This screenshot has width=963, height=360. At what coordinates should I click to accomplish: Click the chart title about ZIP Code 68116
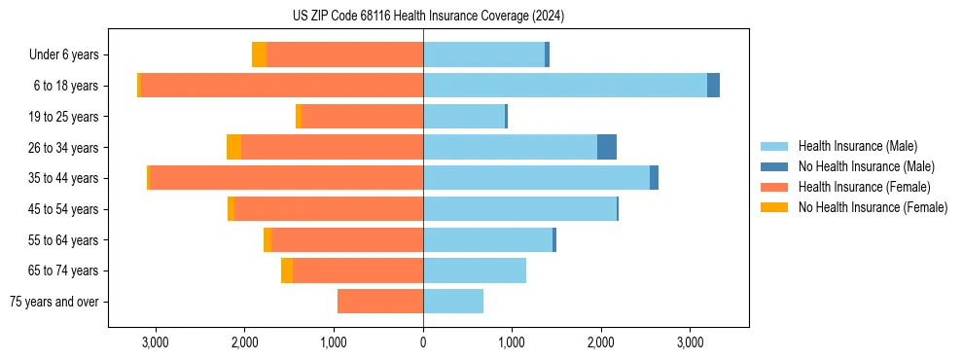pos(428,17)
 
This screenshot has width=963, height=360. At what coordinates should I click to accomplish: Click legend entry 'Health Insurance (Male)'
pos(856,146)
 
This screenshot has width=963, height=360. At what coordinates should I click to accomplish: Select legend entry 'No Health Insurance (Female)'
pos(873,207)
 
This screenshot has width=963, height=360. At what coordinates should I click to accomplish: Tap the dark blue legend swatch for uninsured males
pos(774,166)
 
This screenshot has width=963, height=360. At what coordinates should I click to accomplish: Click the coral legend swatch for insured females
pos(774,187)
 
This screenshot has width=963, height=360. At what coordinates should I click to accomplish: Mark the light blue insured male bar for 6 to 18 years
pos(564,86)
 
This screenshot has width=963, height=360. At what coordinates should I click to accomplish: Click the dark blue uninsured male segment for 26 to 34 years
pos(607,147)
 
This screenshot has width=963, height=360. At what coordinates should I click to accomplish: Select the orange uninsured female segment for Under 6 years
pos(259,54)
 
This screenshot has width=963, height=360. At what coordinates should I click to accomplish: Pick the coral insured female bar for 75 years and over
pos(380,302)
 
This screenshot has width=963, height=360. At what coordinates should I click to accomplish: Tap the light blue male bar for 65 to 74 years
pos(475,270)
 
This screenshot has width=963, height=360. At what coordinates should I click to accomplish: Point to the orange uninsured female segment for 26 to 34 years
pos(233,147)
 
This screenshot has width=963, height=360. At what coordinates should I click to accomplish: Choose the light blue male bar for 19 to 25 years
pos(464,117)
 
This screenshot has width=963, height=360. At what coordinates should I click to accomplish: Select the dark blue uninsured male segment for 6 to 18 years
pos(713,86)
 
